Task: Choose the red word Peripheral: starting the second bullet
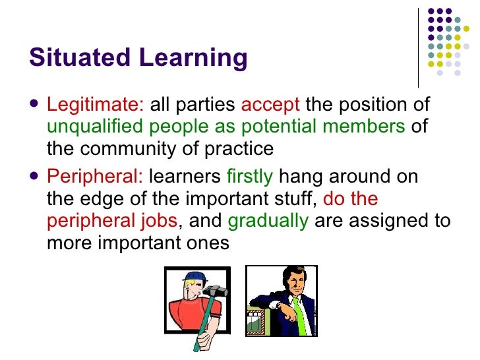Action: tap(95, 177)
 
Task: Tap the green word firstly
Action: tap(249, 177)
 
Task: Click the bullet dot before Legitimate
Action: tap(35, 104)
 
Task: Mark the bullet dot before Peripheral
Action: tap(35, 177)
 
